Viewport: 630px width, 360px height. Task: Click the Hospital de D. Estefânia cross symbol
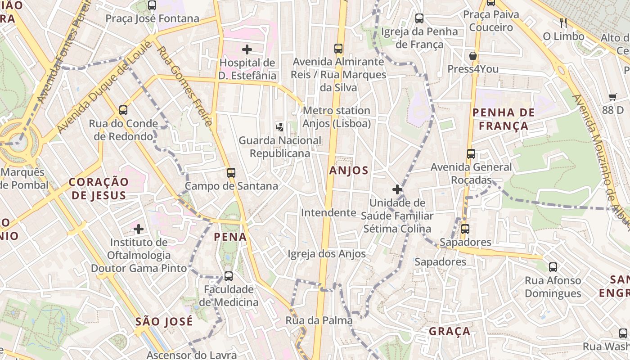pos(247,49)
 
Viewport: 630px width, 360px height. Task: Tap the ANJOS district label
pos(349,171)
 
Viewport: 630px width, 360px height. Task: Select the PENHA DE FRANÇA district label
pos(504,119)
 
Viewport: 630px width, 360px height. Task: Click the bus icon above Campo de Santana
pos(231,173)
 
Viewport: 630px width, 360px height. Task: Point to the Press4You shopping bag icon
pos(472,56)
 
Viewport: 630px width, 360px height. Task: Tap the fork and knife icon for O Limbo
pos(563,22)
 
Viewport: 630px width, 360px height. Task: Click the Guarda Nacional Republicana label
pos(280,147)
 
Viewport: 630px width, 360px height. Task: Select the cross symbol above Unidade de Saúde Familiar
pos(397,189)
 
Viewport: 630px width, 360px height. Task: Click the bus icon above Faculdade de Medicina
pos(229,276)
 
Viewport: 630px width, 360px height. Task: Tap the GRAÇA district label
pos(450,332)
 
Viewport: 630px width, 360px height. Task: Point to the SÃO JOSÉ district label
pos(164,322)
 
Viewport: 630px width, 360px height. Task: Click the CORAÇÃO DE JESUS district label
pos(99,189)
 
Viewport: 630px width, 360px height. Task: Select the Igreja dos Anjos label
pos(327,254)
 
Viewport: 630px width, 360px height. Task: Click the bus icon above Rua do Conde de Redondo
pos(123,110)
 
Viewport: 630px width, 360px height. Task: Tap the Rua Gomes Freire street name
pos(185,85)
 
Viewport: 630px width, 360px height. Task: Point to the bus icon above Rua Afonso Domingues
pos(553,267)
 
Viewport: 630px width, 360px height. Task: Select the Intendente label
pos(328,212)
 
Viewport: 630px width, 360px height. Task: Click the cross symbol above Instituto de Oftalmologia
pos(139,229)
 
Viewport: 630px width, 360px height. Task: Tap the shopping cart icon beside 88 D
pos(612,97)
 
